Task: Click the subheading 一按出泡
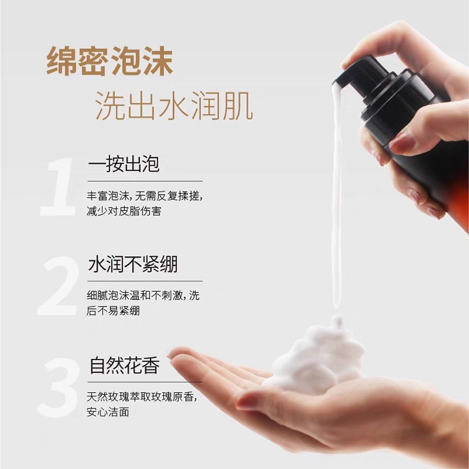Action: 124,164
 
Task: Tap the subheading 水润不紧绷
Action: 132,265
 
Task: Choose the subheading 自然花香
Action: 124,366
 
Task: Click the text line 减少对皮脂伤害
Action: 124,210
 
